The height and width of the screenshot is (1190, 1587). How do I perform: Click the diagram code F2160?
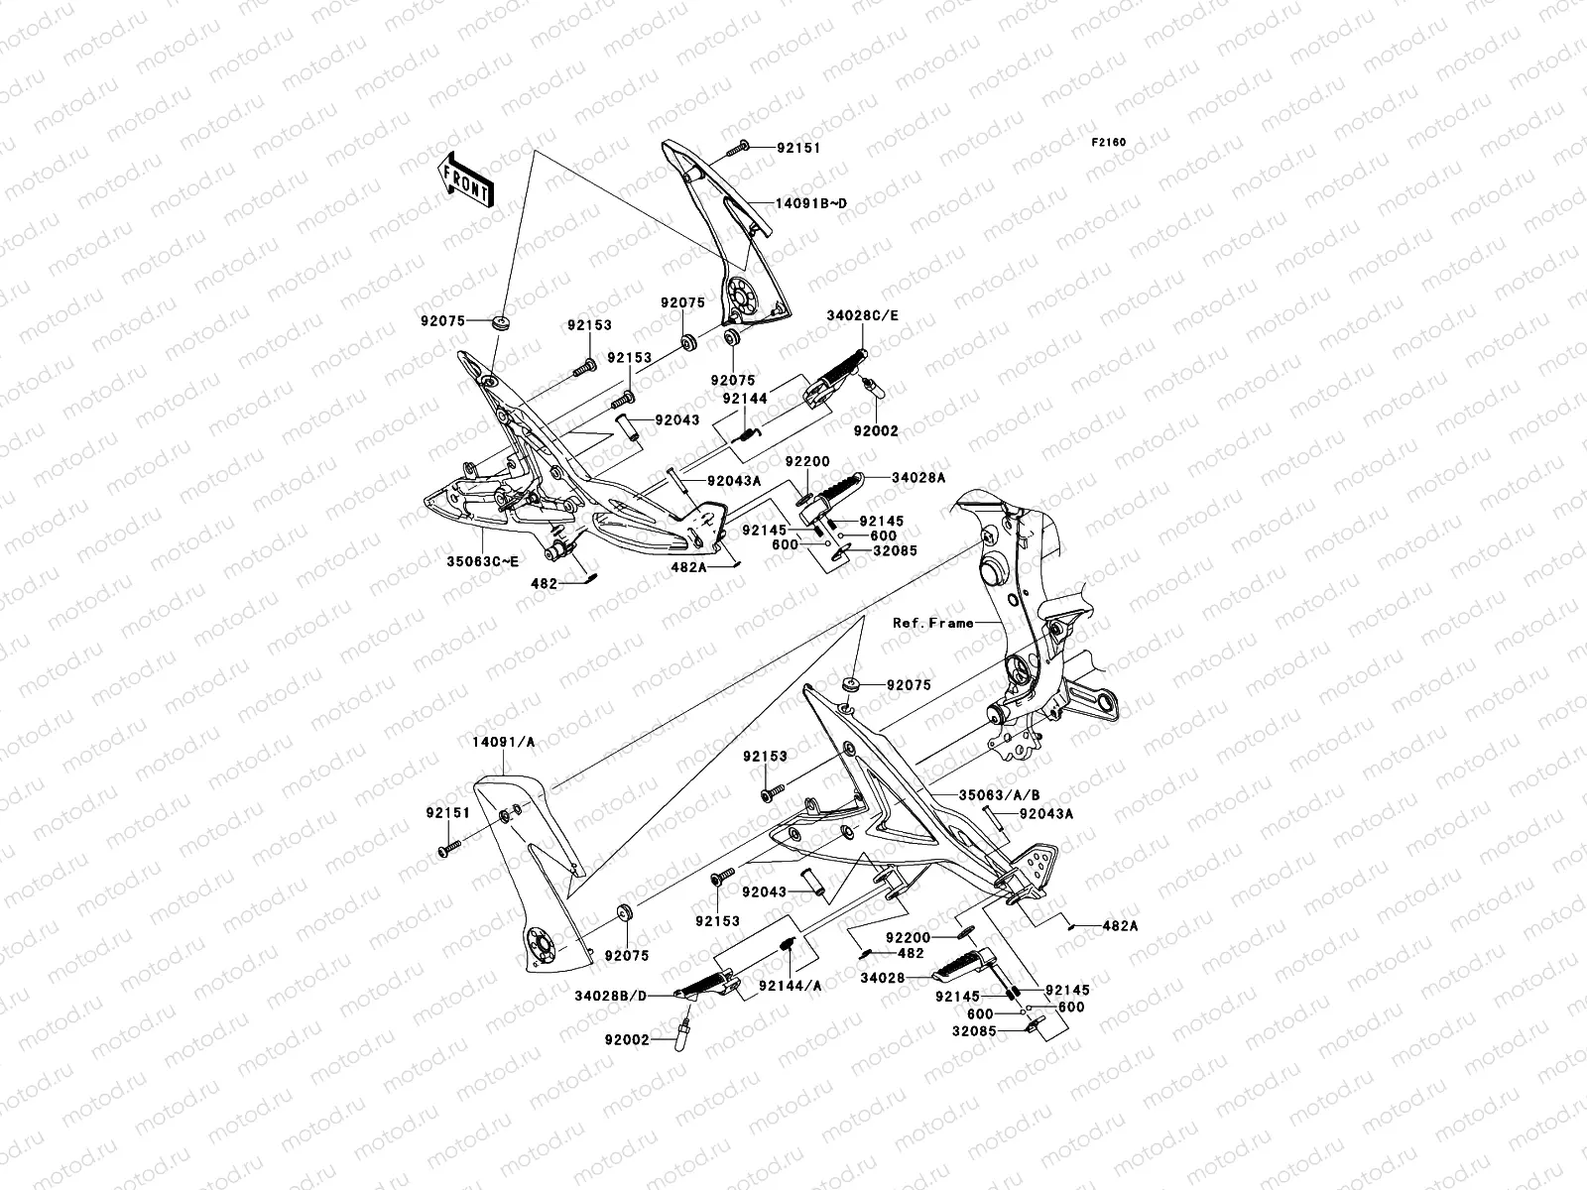click(x=1110, y=143)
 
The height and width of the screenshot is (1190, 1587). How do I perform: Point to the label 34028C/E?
click(x=862, y=316)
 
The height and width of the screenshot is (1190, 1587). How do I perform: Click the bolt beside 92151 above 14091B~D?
click(x=737, y=148)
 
